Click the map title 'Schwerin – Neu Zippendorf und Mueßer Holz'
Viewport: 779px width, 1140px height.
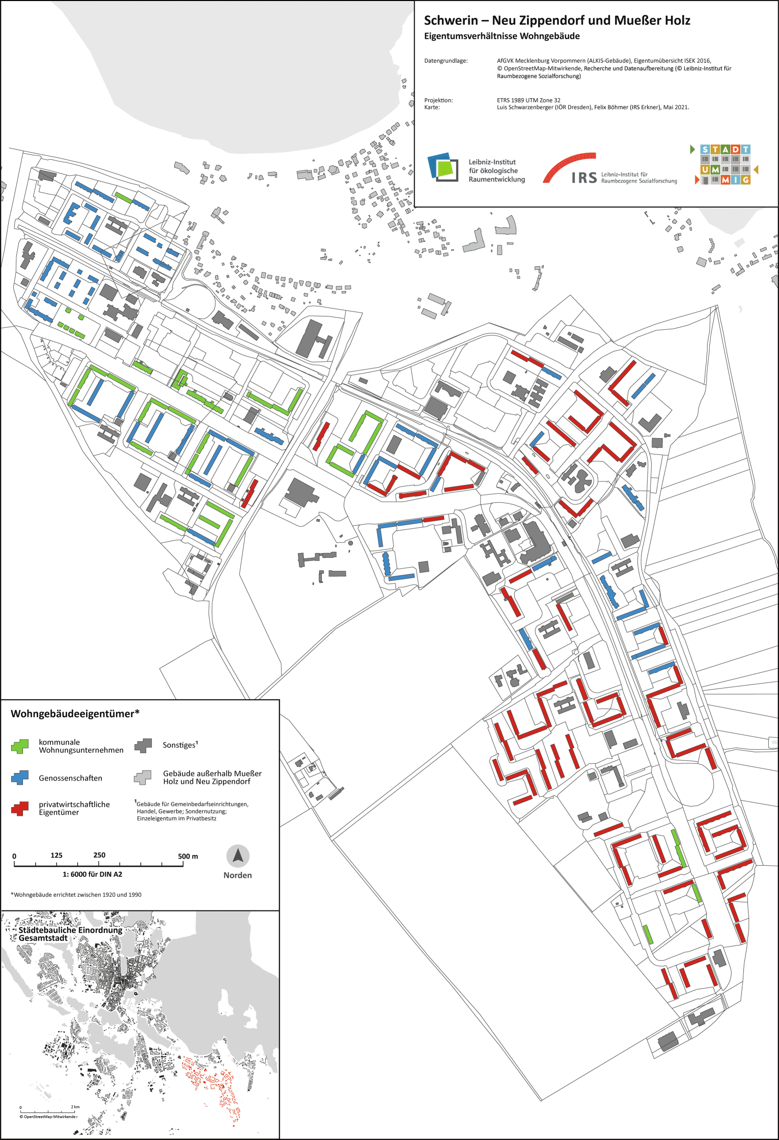(x=557, y=20)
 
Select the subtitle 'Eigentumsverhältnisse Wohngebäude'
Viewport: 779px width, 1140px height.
(x=502, y=36)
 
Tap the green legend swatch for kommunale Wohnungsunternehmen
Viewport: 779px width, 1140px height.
(x=20, y=746)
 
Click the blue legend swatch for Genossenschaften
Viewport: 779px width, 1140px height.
(x=20, y=777)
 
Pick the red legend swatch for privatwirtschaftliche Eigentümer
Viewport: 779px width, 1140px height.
(x=20, y=808)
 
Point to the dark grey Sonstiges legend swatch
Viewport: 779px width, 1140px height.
(x=144, y=746)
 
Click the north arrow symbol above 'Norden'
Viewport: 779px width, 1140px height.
(x=238, y=857)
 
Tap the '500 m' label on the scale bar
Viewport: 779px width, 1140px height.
(x=188, y=856)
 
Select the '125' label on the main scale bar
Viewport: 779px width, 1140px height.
(x=57, y=855)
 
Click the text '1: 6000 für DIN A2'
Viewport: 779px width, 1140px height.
(x=92, y=874)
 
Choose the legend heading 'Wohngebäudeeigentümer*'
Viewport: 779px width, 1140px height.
(x=75, y=714)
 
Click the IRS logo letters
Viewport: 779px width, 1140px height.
(x=584, y=178)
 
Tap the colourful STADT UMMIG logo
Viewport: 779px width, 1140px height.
(x=725, y=164)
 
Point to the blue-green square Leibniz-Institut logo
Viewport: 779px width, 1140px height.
(x=440, y=166)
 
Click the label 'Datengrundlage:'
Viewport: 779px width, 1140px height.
(x=446, y=61)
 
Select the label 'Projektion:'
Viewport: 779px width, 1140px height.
(x=438, y=100)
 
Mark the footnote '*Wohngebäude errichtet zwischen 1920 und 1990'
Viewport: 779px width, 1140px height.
(x=76, y=895)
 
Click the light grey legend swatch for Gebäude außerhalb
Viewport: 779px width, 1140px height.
(x=143, y=777)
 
